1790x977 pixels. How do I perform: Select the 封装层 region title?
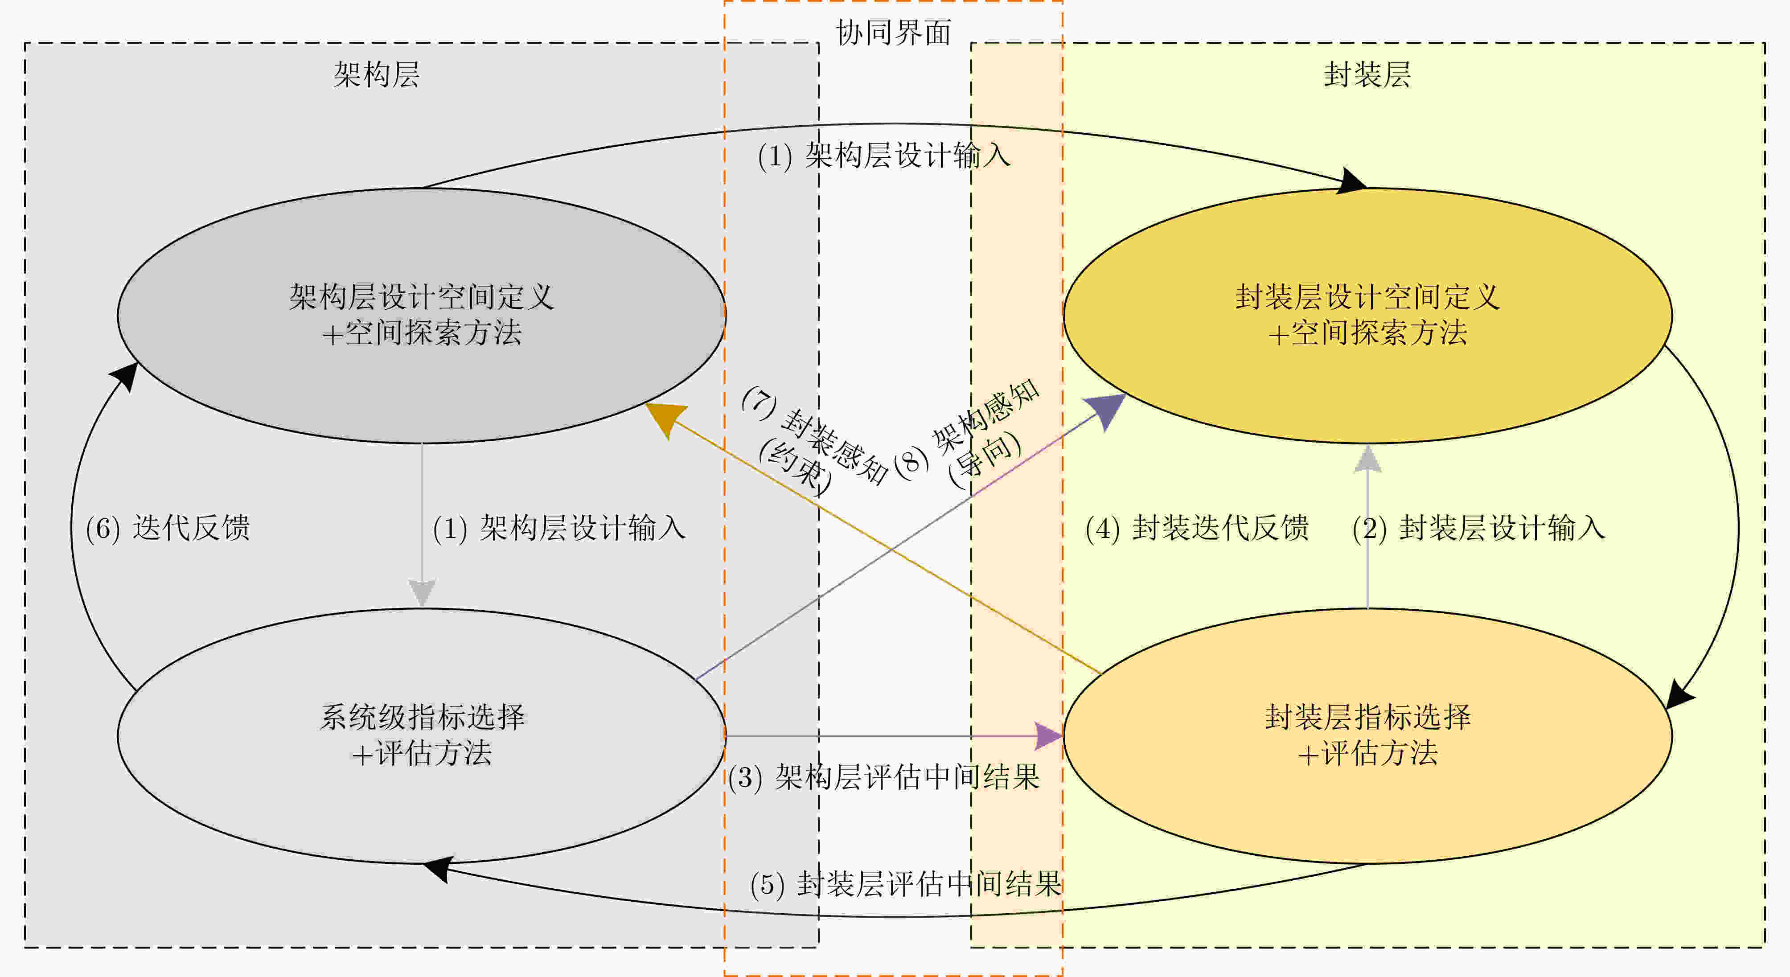point(1367,74)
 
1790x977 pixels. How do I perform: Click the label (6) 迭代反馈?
point(168,528)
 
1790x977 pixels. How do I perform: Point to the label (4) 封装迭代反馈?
point(1197,528)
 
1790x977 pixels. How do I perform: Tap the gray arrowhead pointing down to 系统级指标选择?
point(422,593)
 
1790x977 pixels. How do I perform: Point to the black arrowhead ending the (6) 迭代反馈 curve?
point(126,375)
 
